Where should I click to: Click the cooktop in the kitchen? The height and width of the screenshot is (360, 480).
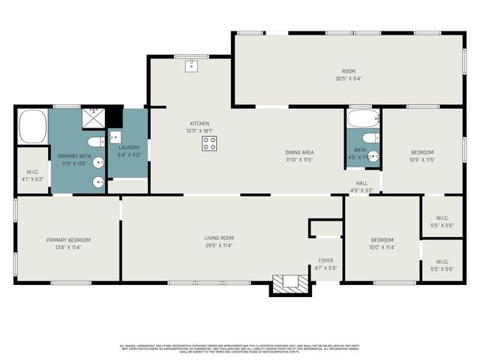point(210,143)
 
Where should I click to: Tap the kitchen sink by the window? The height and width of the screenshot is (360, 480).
point(192,67)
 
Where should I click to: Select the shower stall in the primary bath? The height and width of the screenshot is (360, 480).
point(92,118)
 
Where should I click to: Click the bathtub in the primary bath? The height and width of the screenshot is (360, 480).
point(32,127)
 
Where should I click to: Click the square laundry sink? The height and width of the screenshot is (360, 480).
point(115,137)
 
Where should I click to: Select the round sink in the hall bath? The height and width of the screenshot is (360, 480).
point(373,158)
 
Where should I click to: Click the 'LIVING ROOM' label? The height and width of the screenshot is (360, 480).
point(219,238)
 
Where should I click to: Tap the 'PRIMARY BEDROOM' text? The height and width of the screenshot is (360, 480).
point(68,240)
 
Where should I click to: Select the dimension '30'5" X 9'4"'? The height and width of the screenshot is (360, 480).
point(348,79)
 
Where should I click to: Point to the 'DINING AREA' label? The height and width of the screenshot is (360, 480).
point(298,152)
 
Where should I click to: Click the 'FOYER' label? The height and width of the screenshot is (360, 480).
point(325,260)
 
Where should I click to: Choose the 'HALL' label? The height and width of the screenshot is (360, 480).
point(361,182)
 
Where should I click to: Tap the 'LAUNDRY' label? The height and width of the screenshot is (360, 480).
point(129,148)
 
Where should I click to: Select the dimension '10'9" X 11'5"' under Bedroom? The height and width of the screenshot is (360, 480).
point(422,160)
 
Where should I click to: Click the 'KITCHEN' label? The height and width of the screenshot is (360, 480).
point(199,123)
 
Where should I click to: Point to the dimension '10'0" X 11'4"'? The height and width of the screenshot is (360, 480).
point(382,247)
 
